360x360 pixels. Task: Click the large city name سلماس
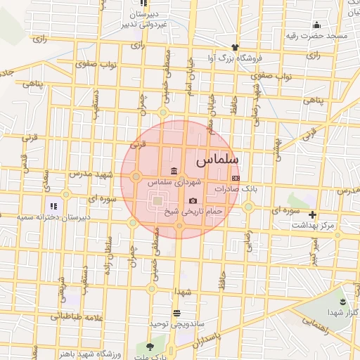pyautogui.click(x=219, y=160)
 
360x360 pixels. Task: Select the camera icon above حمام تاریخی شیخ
pyautogui.click(x=193, y=201)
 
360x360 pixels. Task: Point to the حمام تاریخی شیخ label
pyautogui.click(x=193, y=211)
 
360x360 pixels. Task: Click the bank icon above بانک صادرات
pyautogui.click(x=236, y=179)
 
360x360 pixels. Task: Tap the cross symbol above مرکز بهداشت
pyautogui.click(x=313, y=215)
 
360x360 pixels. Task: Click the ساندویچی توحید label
pyautogui.click(x=176, y=323)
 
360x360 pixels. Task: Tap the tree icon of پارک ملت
pyautogui.click(x=149, y=346)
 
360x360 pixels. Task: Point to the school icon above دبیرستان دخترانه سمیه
pyautogui.click(x=53, y=207)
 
